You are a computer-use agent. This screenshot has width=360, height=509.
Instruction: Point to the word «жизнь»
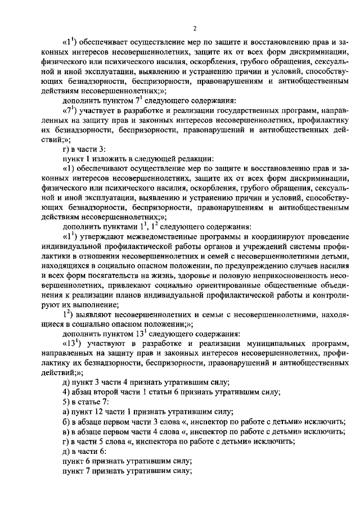coord(160,276)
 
